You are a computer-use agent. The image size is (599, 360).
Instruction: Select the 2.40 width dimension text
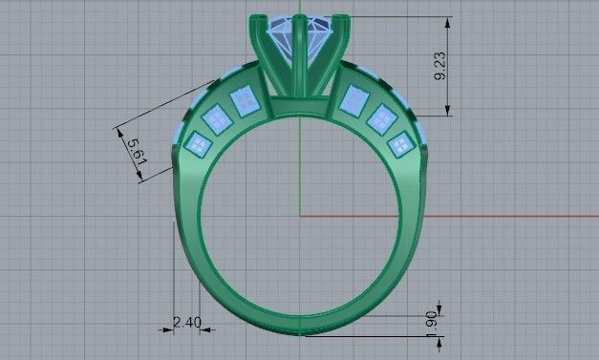pos(187,323)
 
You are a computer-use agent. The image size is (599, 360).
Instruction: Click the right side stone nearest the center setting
pos(355,98)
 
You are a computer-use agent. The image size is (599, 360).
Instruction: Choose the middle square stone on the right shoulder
pos(382,119)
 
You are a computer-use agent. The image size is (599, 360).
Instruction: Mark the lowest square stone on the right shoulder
pos(401,143)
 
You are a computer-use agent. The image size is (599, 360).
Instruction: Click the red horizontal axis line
pos(478,215)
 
